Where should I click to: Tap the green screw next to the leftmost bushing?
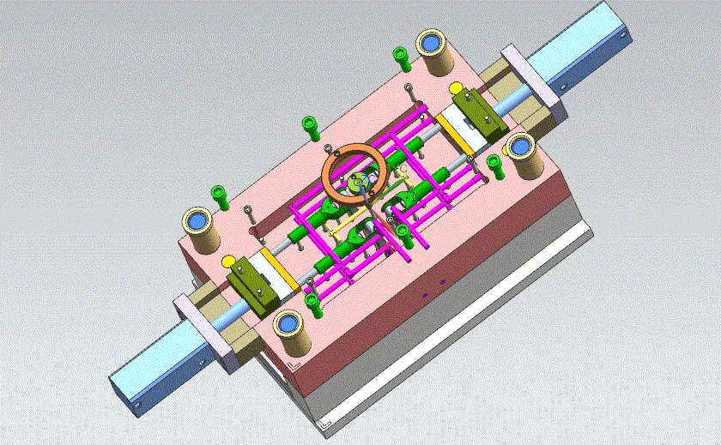(x=220, y=198)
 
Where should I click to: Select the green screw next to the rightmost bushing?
(x=494, y=165)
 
